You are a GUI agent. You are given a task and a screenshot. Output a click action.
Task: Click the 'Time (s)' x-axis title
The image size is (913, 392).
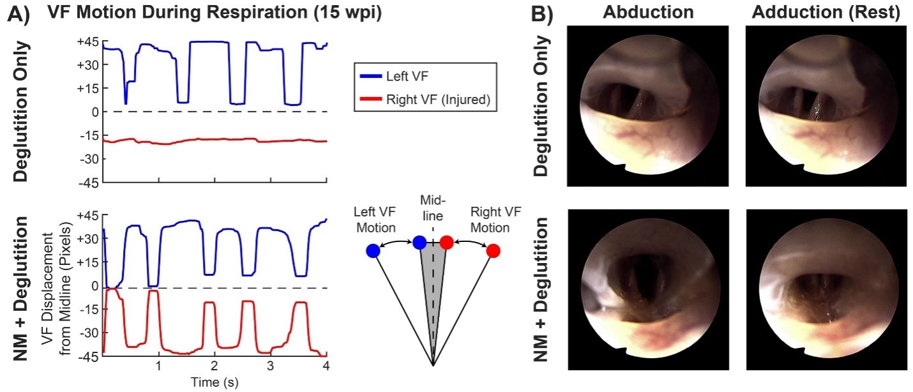click(215, 382)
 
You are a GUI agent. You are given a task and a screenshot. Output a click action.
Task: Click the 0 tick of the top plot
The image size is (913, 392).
click(91, 112)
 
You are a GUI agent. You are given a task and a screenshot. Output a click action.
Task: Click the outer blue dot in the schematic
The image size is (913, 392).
click(373, 252)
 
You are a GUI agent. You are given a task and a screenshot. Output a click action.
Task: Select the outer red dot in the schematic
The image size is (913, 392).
click(493, 252)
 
